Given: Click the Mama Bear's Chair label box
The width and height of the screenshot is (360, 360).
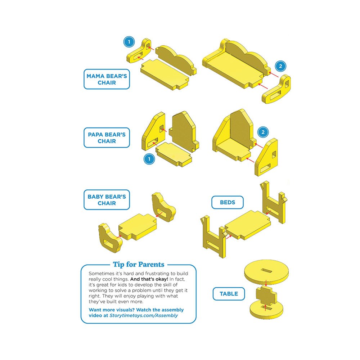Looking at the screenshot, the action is coord(107,79).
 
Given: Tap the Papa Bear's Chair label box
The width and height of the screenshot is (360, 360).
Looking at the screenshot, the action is coord(107,138).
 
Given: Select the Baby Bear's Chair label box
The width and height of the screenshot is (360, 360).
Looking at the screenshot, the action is coord(107,200).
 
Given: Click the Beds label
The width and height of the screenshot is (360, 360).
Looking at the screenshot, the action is coord(227,202).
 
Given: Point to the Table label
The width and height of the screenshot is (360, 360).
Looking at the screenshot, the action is coord(229,294).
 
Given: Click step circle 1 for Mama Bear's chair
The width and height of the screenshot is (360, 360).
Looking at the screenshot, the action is coord(129,42).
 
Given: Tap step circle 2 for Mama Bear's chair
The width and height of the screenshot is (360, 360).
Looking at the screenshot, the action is coord(280,66).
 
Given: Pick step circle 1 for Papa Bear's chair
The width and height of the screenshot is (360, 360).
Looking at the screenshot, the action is coord(149,159).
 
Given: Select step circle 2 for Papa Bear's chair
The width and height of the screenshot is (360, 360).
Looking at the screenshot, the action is coord(263,132).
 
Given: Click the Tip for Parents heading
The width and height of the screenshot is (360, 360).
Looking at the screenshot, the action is coord(139,265).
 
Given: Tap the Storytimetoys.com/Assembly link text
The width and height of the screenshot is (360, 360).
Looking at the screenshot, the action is coord(144,315).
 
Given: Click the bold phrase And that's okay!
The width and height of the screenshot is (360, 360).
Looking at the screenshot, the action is coord(149,279).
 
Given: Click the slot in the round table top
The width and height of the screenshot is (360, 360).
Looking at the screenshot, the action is coord(266,270).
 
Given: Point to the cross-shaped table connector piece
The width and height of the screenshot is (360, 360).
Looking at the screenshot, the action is coord(266,295).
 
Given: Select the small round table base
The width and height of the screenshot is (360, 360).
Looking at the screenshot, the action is coord(266,310).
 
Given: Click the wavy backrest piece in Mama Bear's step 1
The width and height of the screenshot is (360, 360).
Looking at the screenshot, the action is coord(176,60).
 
